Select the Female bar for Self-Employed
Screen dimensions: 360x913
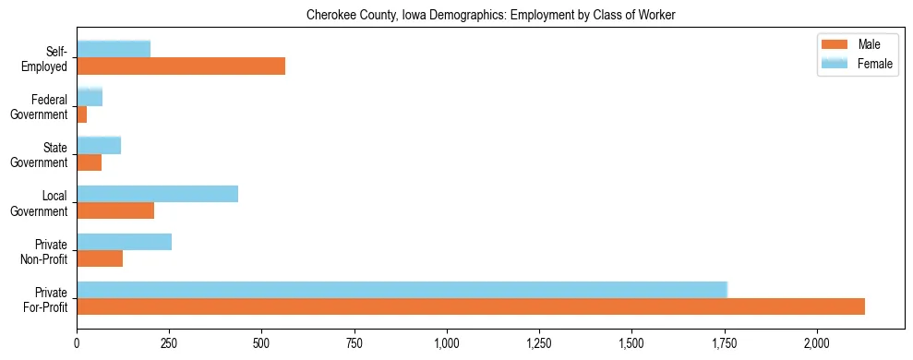(x=114, y=49)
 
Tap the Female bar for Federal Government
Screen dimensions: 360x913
(x=90, y=97)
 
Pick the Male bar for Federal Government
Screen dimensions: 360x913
(x=82, y=114)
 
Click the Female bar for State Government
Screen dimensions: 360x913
(x=99, y=145)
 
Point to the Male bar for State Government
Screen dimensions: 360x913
(x=90, y=162)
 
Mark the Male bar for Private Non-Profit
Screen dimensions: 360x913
(x=100, y=258)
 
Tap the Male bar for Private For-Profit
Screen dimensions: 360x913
(x=471, y=306)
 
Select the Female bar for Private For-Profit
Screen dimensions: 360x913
(x=402, y=290)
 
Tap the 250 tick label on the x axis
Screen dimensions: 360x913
(x=169, y=342)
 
